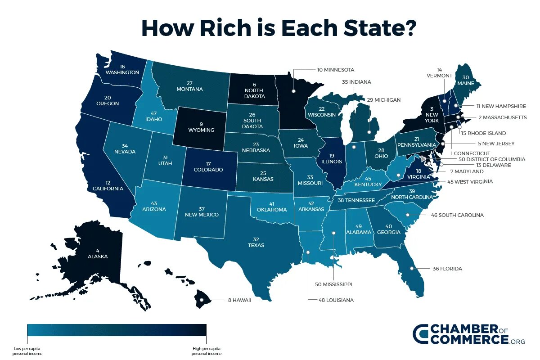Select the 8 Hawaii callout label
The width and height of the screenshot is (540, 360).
pos(236,300)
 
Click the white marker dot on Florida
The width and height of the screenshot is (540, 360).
pos(411,269)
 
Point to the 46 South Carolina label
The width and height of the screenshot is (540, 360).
pos(457,215)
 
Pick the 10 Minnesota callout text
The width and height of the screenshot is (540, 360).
pos(335,70)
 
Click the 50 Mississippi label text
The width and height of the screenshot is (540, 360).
pos(333,284)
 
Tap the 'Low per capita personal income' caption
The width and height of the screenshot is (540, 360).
pos(27,351)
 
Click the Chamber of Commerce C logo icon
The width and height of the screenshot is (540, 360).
pos(421,334)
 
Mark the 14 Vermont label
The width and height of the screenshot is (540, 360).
pos(439,72)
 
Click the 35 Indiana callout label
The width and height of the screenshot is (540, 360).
pos(356,82)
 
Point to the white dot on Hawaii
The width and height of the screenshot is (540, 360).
pos(202,300)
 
